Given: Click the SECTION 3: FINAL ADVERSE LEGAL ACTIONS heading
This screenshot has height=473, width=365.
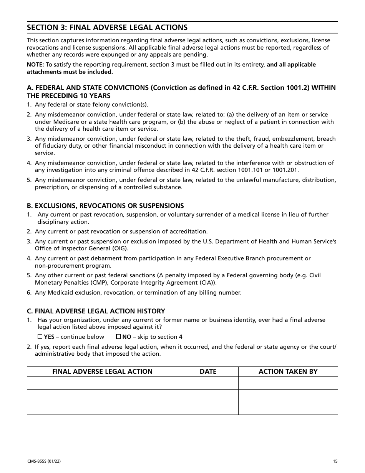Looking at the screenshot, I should (107, 27).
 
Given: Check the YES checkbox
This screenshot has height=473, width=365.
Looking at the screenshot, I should (40, 337).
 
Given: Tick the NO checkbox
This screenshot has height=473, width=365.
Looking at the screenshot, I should (119, 337).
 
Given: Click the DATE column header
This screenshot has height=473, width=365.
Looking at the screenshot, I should (208, 371).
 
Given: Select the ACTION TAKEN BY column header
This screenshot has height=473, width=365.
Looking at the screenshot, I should (288, 371).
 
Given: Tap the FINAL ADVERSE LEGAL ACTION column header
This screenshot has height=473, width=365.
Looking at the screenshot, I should (102, 371).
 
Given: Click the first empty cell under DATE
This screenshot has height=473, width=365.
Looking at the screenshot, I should (208, 383).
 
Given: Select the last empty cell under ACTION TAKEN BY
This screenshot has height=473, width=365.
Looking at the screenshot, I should (288, 408).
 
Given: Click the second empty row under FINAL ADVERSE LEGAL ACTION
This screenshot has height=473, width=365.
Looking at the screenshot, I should (102, 396).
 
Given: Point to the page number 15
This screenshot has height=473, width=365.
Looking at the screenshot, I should (335, 461).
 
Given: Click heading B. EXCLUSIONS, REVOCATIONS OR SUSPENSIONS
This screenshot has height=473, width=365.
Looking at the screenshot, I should (105, 206).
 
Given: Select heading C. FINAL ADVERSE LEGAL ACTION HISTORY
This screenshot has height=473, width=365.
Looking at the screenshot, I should (96, 311).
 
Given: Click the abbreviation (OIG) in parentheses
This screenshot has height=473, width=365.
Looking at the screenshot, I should (119, 248).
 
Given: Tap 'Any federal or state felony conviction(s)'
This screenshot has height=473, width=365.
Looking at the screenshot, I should (91, 105).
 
